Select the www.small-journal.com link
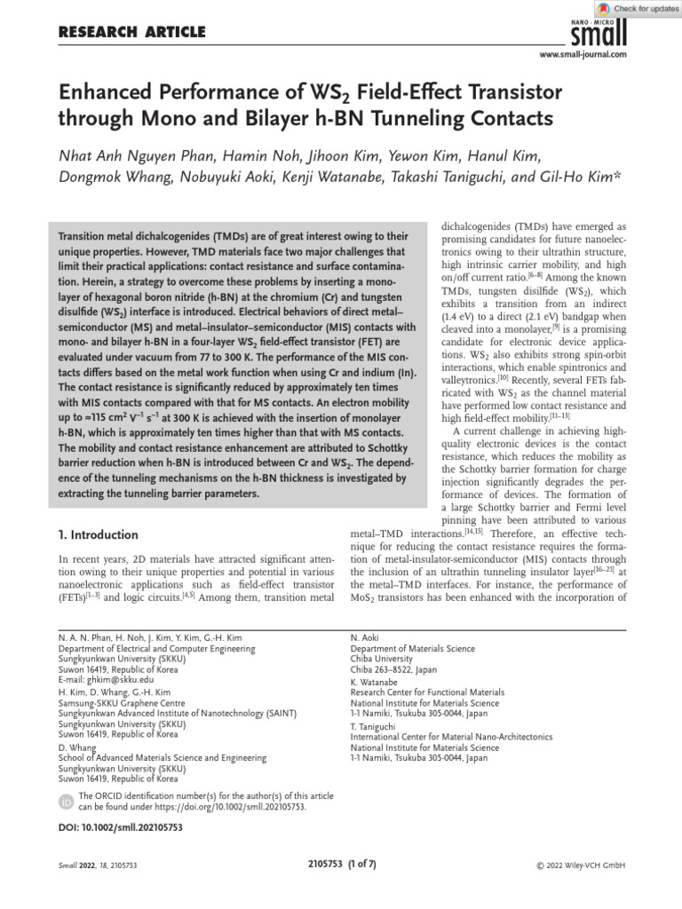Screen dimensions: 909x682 tap(583, 55)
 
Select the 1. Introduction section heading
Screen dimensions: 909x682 tap(98, 534)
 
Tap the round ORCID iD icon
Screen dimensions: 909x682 tap(66, 802)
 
